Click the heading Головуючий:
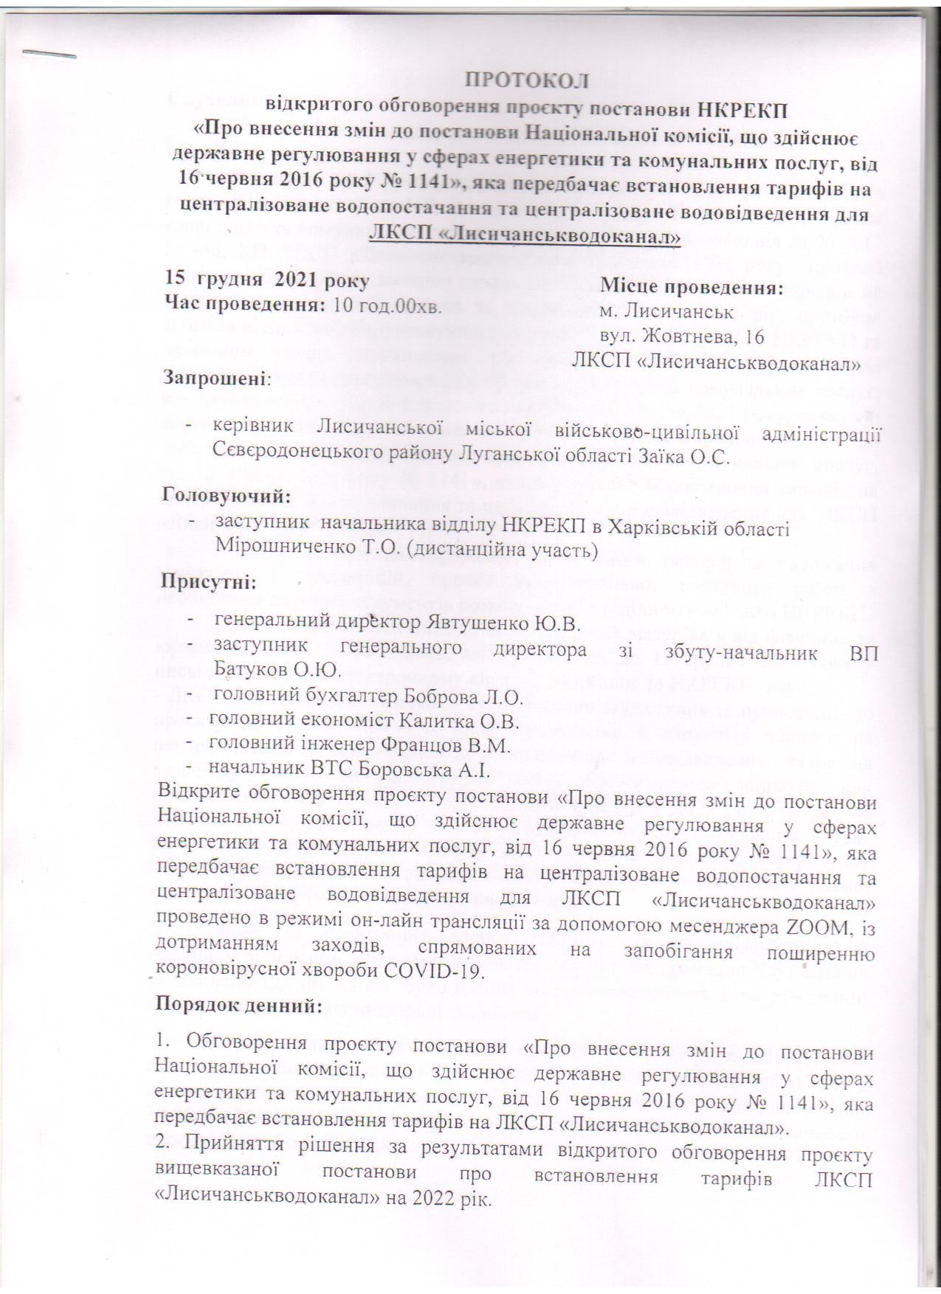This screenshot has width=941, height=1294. click(x=226, y=495)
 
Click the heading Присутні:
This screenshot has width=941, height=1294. click(x=209, y=583)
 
